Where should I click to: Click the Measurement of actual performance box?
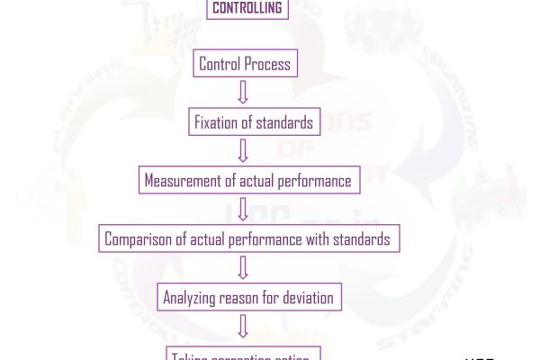click(x=247, y=180)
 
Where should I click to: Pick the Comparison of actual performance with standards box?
click(x=248, y=239)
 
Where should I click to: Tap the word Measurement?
click(x=183, y=180)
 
